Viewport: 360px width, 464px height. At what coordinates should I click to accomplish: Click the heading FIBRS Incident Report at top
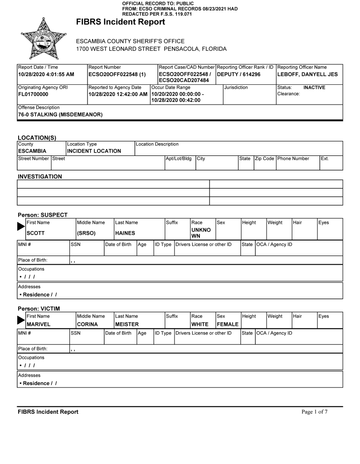(120, 22)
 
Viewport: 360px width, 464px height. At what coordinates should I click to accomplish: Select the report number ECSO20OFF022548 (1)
(117, 74)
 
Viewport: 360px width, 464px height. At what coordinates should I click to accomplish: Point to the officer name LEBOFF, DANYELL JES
(307, 74)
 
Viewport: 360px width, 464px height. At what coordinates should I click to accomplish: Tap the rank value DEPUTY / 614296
(239, 74)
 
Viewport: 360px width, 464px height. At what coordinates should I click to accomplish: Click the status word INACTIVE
(314, 87)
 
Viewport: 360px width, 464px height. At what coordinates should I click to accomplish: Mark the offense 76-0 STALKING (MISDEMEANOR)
(60, 115)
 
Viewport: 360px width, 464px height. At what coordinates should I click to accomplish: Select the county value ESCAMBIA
(32, 151)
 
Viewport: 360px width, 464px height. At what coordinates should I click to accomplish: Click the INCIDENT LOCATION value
(94, 151)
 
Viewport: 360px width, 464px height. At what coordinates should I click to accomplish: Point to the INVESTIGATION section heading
(40, 176)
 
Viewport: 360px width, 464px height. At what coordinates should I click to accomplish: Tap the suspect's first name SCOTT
(36, 233)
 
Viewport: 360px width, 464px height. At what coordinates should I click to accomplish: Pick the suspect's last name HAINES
(125, 233)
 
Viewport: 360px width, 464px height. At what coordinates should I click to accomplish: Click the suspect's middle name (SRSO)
(86, 233)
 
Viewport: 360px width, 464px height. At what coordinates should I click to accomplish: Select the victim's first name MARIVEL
(39, 324)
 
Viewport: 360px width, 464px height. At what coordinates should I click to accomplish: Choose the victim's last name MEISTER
(127, 324)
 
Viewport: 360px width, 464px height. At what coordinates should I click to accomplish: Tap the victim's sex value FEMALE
(228, 324)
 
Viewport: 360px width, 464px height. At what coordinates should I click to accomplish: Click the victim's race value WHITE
(200, 324)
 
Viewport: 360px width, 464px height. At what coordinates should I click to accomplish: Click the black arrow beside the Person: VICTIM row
(21, 320)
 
